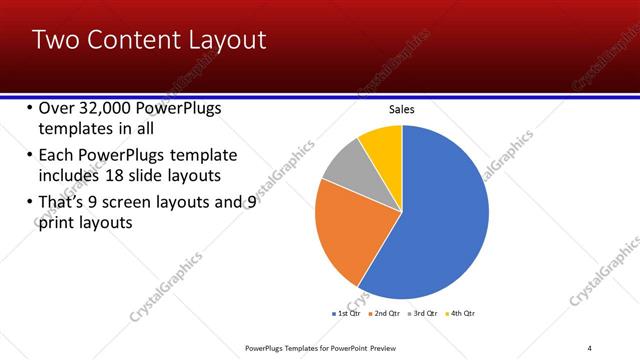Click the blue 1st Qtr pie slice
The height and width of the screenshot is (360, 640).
[x=440, y=215]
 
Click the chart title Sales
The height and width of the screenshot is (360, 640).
[x=401, y=110]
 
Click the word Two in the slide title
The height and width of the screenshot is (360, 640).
[x=55, y=40]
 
